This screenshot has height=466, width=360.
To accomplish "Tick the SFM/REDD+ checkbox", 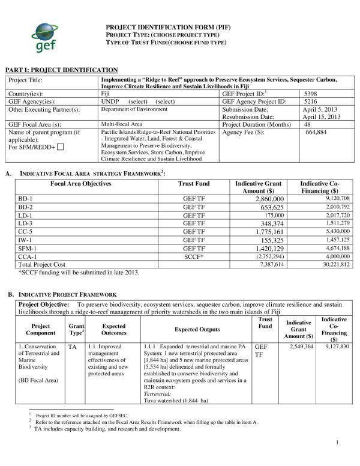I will [x=61, y=147].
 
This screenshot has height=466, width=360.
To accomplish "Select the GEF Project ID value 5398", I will [x=311, y=94].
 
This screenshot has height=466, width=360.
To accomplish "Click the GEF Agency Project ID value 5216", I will [x=311, y=101].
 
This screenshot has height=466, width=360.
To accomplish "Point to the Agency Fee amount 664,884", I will [x=316, y=132].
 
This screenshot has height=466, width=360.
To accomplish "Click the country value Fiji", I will [x=105, y=94].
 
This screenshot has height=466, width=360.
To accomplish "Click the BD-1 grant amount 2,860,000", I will [x=269, y=198].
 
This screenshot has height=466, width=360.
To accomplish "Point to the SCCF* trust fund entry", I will [x=194, y=256].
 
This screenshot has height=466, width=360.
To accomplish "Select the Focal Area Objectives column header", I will [x=80, y=183].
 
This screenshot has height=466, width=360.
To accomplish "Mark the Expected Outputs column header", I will [x=197, y=329].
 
